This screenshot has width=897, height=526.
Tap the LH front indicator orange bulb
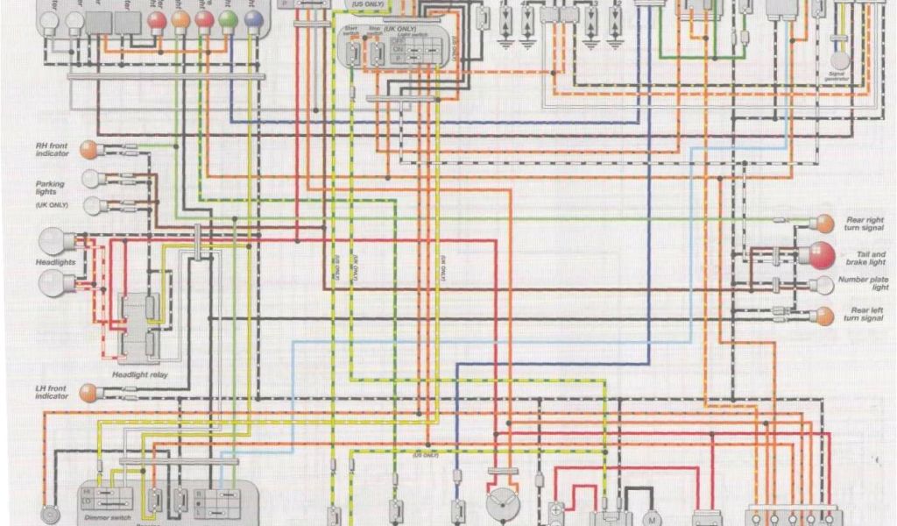click(x=88, y=392)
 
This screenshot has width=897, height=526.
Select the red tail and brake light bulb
click(x=822, y=256)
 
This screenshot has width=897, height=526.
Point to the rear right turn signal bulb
click(x=824, y=223)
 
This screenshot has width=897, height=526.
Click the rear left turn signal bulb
click(x=824, y=316)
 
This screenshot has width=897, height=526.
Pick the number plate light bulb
click(x=823, y=284)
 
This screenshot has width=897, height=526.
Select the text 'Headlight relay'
click(x=139, y=375)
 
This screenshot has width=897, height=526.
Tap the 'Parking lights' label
click(x=50, y=188)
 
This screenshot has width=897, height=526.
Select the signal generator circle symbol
click(x=839, y=60)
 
